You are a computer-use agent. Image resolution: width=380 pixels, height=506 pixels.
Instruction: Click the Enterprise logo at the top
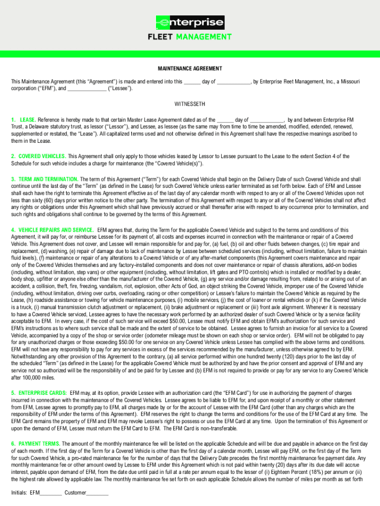(x=190, y=23)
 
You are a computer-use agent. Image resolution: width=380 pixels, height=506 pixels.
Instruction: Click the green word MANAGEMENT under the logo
(x=204, y=37)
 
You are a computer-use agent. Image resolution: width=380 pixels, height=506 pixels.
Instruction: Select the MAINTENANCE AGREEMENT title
(x=190, y=69)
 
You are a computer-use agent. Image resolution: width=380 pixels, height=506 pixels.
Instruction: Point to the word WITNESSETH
(x=190, y=104)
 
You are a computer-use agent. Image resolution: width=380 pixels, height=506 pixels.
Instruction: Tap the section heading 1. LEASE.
(x=24, y=120)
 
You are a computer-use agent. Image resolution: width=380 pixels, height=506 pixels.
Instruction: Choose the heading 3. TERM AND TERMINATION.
(x=44, y=179)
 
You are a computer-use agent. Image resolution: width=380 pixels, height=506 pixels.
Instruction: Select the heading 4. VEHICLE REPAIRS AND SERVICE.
(x=52, y=230)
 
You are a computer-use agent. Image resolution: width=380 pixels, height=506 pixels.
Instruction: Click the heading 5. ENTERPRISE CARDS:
(x=39, y=392)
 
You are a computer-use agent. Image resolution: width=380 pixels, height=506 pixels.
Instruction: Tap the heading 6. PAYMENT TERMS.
(x=36, y=444)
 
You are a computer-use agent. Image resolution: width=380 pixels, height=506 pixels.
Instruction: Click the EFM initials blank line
(x=51, y=493)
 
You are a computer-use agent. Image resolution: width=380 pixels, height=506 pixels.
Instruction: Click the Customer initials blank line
(x=98, y=493)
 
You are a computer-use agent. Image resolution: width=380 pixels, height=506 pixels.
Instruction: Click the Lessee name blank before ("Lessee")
(x=86, y=88)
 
